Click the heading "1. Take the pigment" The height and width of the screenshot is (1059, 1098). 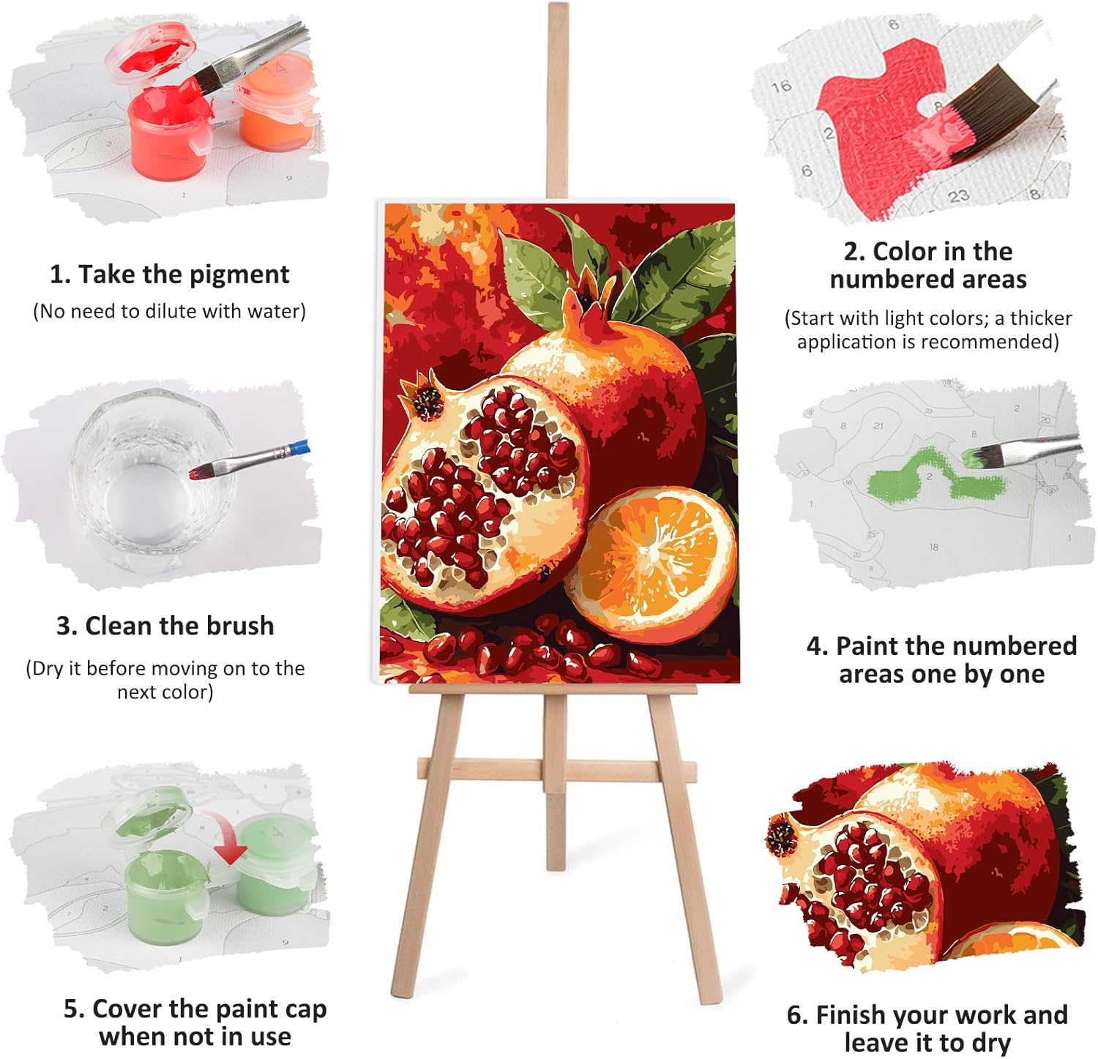(169, 274)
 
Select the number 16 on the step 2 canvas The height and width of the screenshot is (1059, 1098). (781, 86)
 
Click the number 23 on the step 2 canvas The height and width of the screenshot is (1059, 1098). (959, 195)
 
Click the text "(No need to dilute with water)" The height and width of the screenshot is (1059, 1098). (169, 311)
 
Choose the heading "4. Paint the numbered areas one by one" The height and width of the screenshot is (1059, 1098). (941, 659)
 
